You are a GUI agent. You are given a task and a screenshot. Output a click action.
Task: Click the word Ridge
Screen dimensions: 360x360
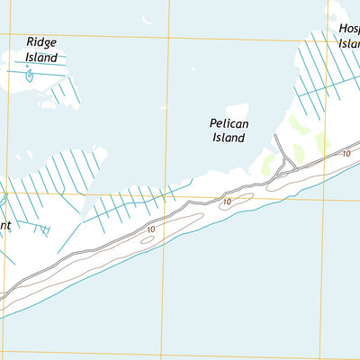41,42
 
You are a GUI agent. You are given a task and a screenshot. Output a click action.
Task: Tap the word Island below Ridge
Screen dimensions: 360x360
41,58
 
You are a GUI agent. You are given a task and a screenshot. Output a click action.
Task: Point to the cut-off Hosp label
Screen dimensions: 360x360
349,29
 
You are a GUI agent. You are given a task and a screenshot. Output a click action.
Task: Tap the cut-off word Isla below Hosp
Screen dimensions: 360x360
349,43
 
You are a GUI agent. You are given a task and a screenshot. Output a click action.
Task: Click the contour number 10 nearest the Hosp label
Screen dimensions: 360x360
346,154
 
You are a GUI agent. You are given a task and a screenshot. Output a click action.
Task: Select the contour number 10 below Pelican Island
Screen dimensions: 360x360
227,202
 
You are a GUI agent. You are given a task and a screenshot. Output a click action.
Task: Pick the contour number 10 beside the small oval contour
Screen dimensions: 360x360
149,230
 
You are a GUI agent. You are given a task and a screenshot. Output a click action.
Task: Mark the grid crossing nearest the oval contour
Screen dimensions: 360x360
166,197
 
